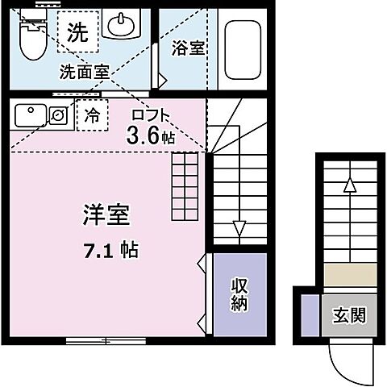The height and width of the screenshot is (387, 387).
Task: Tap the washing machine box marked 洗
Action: coord(77,33)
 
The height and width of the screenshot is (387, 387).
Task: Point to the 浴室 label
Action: coord(188,48)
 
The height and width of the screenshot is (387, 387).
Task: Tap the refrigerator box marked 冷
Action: coord(92,114)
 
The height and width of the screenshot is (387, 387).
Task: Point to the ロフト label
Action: coord(151,114)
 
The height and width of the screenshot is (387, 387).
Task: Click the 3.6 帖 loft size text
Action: coord(150,136)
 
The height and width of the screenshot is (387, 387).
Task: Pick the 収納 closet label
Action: coord(239,295)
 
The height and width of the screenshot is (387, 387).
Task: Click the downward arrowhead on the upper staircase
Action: coord(238,227)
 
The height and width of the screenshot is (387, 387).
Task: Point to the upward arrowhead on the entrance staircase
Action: coord(348,185)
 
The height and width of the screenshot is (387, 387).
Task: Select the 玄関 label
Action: coord(348,314)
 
